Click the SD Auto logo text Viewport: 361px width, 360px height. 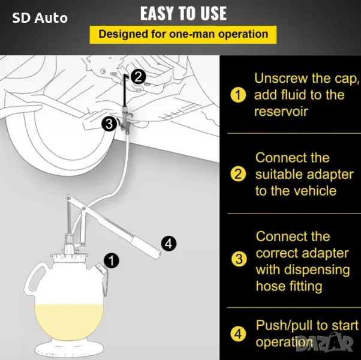(x=40, y=18)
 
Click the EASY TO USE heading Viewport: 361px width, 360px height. (x=183, y=13)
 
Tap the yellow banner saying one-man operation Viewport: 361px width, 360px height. (x=183, y=35)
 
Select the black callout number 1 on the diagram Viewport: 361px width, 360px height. (x=112, y=261)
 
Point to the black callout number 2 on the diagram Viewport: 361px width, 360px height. (x=138, y=77)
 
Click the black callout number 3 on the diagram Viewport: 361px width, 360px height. (x=109, y=124)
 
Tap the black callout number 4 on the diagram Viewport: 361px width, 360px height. (x=169, y=244)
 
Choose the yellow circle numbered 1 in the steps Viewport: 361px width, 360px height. (x=238, y=95)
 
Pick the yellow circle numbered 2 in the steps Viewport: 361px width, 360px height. (x=238, y=174)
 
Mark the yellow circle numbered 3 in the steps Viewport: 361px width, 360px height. (x=239, y=259)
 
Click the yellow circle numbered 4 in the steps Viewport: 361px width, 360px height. (x=238, y=334)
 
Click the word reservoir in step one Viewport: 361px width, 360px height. (x=281, y=112)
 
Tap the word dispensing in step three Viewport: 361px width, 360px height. (x=317, y=271)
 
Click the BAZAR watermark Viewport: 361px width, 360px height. (x=324, y=343)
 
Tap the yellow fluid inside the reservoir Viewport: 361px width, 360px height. (x=69, y=322)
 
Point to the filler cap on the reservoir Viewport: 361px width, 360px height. (x=100, y=268)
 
